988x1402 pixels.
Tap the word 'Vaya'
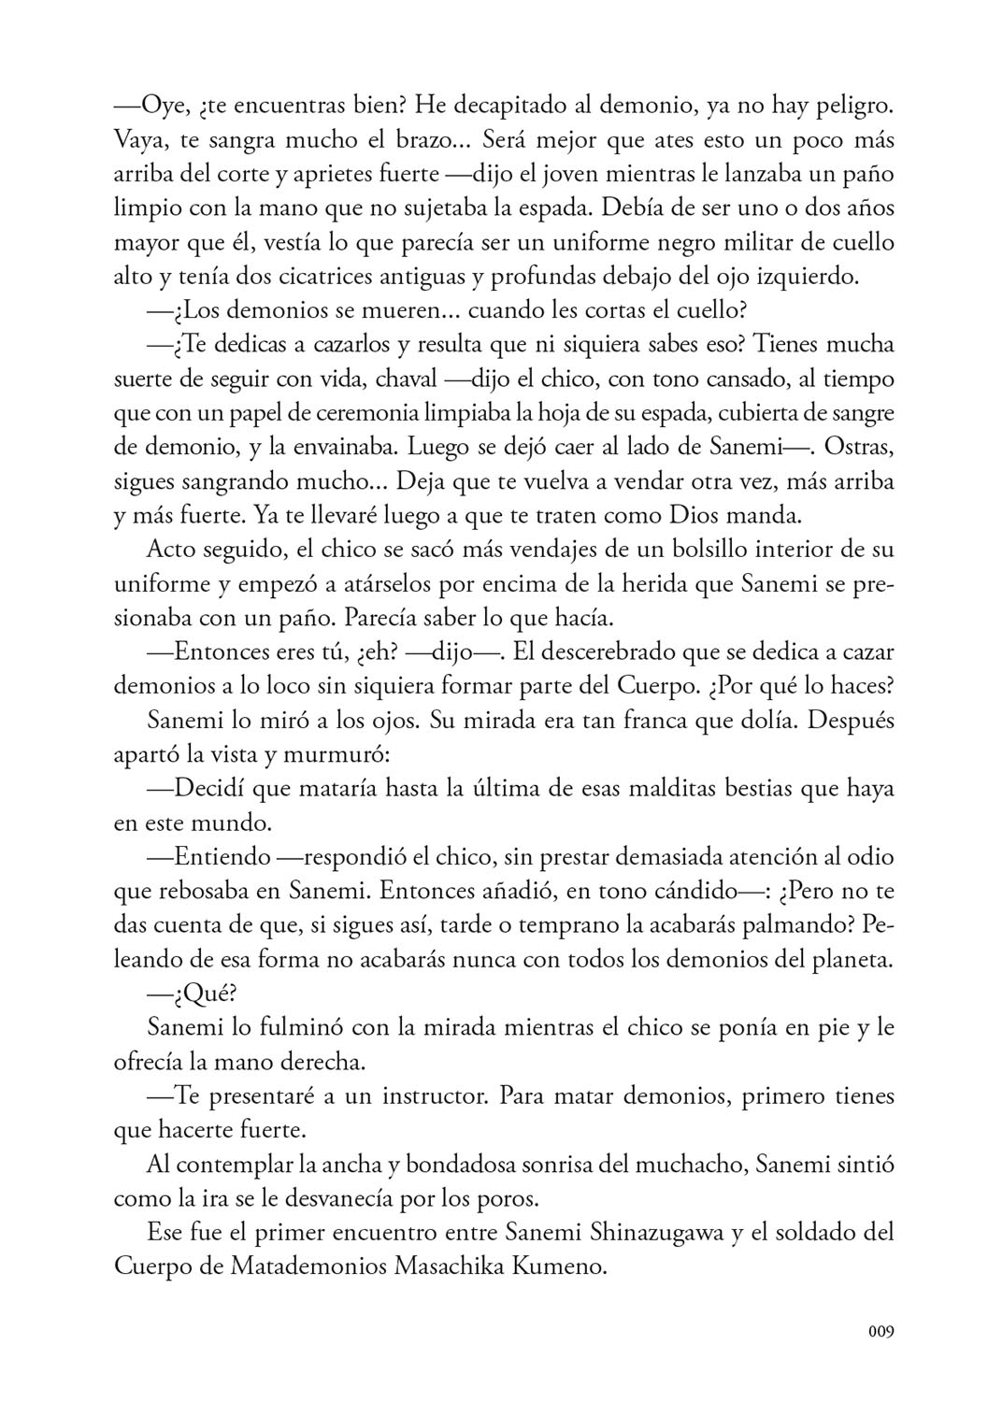(139, 140)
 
